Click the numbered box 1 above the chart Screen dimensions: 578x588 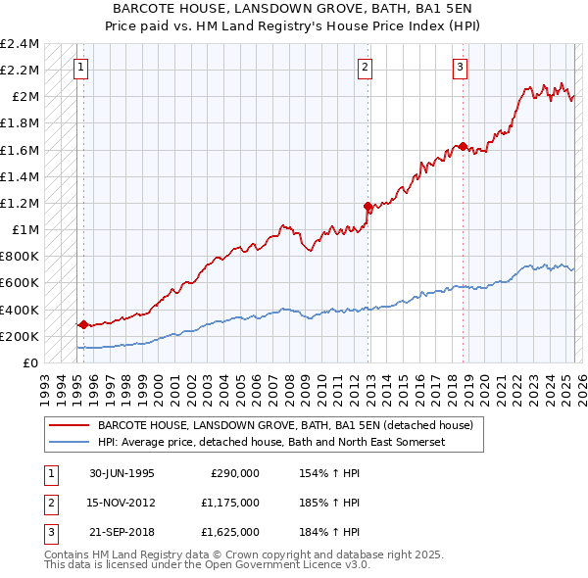(x=79, y=68)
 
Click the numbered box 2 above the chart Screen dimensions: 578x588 (x=365, y=68)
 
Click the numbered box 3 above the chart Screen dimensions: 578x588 (x=460, y=68)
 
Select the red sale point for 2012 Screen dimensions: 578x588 (x=368, y=207)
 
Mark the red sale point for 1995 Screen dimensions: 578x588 (x=83, y=324)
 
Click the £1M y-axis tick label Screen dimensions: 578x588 (x=25, y=230)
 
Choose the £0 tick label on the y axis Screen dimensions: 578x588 (x=31, y=363)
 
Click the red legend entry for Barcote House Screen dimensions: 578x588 (x=285, y=426)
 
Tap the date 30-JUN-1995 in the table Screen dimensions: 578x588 (x=122, y=473)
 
